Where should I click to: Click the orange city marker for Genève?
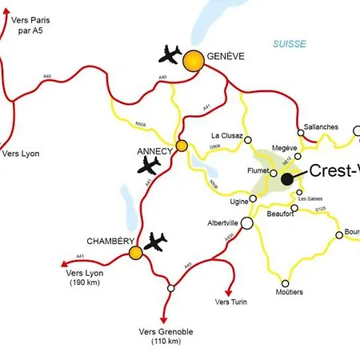point(193,61)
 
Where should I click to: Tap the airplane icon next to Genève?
point(170,55)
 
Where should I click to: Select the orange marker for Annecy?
point(182,146)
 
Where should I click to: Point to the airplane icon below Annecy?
point(149,165)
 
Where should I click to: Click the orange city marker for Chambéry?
point(136,253)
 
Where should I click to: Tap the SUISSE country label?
point(289,44)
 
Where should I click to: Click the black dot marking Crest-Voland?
point(286,180)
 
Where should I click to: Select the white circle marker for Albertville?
point(246,223)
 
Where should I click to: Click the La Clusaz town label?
point(226,136)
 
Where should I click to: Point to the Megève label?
point(284,148)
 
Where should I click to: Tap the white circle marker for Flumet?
point(274,173)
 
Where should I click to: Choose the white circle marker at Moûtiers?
point(286,283)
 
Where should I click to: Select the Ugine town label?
point(238,200)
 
